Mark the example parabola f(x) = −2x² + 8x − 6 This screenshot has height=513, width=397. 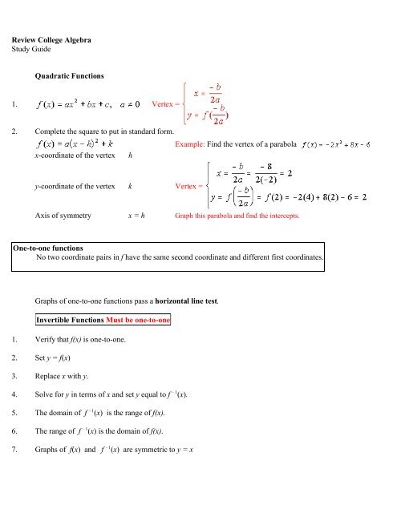click(346, 145)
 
